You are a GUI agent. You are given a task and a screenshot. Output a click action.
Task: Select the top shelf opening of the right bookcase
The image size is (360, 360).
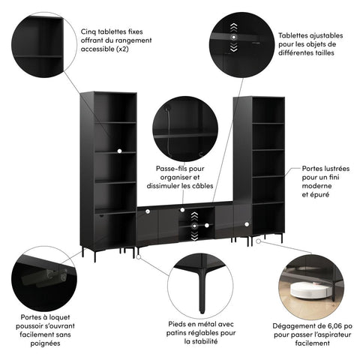tap(268, 110)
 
